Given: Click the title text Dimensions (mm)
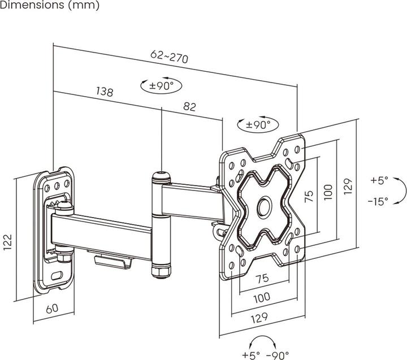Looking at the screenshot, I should [50, 6].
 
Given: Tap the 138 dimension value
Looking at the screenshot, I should [105, 92].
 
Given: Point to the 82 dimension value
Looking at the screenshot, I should [190, 106].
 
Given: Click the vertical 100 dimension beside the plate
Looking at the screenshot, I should [328, 191].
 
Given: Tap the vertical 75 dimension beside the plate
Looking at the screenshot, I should [309, 196].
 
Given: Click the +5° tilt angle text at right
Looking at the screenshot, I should [379, 181].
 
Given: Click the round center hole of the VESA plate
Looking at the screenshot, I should [265, 206].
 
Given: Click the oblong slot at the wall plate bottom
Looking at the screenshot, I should [58, 276].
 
